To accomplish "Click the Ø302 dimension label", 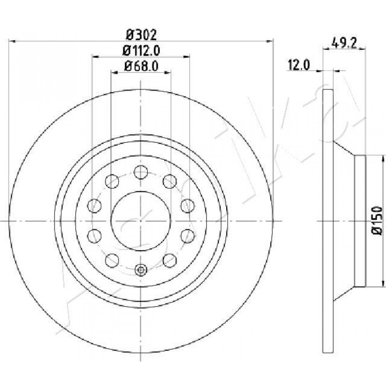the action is (141, 35).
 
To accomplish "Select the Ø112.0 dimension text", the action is (141, 51).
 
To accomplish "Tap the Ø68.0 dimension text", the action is (141, 66).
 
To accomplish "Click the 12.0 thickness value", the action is (299, 65).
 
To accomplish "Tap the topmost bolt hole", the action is (141, 172).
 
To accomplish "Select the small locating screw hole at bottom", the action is (141, 270).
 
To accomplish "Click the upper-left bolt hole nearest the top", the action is (112, 181).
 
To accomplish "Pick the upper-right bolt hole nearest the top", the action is (170, 181).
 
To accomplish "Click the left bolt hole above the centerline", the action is (94, 206).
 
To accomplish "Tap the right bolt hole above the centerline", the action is (188, 206).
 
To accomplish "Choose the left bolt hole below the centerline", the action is (94, 235).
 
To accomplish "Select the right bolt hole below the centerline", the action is (188, 235).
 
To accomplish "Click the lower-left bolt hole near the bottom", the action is (112, 261).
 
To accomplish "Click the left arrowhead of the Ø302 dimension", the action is (12, 41).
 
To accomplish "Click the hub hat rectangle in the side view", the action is (360, 221).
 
